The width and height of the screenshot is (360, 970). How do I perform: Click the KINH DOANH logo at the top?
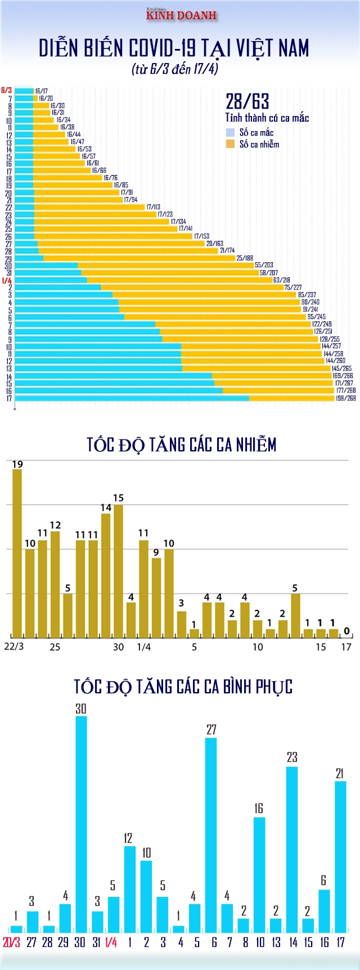coord(181,15)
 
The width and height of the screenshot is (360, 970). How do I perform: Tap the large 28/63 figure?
coord(247,102)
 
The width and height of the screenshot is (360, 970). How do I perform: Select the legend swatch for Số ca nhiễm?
coord(230,144)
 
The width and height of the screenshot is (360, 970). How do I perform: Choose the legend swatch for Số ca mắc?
coord(230,132)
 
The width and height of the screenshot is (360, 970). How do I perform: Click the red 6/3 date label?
coord(7,90)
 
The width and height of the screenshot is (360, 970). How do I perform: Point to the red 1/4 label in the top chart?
coord(7,280)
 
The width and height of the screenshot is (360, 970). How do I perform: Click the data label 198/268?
coord(345,398)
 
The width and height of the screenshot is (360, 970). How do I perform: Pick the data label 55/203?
coord(264,265)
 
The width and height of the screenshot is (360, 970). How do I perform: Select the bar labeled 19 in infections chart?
coord(17,554)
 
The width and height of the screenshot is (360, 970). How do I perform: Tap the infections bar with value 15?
coord(118,571)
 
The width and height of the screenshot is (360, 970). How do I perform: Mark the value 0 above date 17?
coord(346,631)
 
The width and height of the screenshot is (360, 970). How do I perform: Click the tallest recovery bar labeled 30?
coord(81,824)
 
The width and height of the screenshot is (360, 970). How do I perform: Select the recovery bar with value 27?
coord(211,835)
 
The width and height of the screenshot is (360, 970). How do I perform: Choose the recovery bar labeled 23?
coord(292,849)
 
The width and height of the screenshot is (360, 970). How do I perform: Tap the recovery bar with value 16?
coord(259,874)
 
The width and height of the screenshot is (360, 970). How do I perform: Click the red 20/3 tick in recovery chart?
coord(12,942)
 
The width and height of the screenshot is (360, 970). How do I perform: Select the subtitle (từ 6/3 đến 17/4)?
coord(175,69)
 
